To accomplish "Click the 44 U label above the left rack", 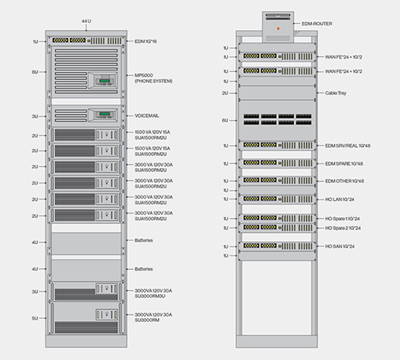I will [x=87, y=22].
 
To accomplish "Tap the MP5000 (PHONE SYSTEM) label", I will [x=153, y=78].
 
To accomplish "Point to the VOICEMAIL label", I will [x=147, y=115].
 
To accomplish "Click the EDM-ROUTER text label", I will [x=317, y=23].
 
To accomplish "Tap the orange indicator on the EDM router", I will [x=279, y=29].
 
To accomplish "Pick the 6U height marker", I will [x=226, y=121].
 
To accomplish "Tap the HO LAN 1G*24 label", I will [x=340, y=199].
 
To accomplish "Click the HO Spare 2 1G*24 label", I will [x=343, y=228].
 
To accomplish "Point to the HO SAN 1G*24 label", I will [x=340, y=246].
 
